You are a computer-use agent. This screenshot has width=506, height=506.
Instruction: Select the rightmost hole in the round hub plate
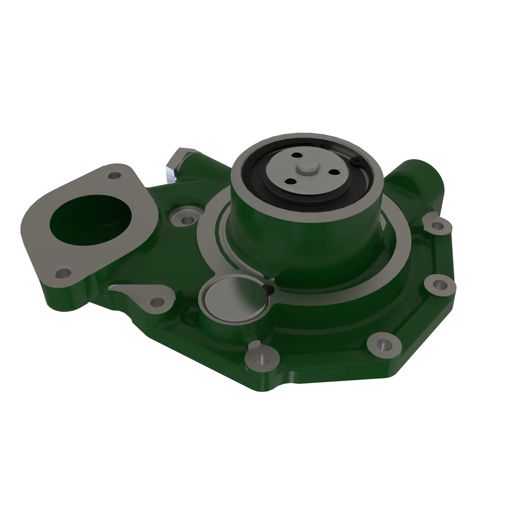(333, 172)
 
